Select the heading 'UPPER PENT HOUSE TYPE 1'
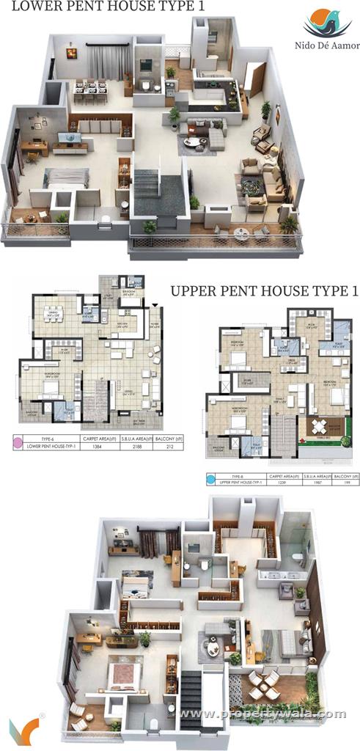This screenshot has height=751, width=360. pos(265,291)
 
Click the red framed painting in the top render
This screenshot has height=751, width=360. pos(71,52)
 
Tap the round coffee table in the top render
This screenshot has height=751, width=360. pos(194,141)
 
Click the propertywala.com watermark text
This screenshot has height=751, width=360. pos(263,713)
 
